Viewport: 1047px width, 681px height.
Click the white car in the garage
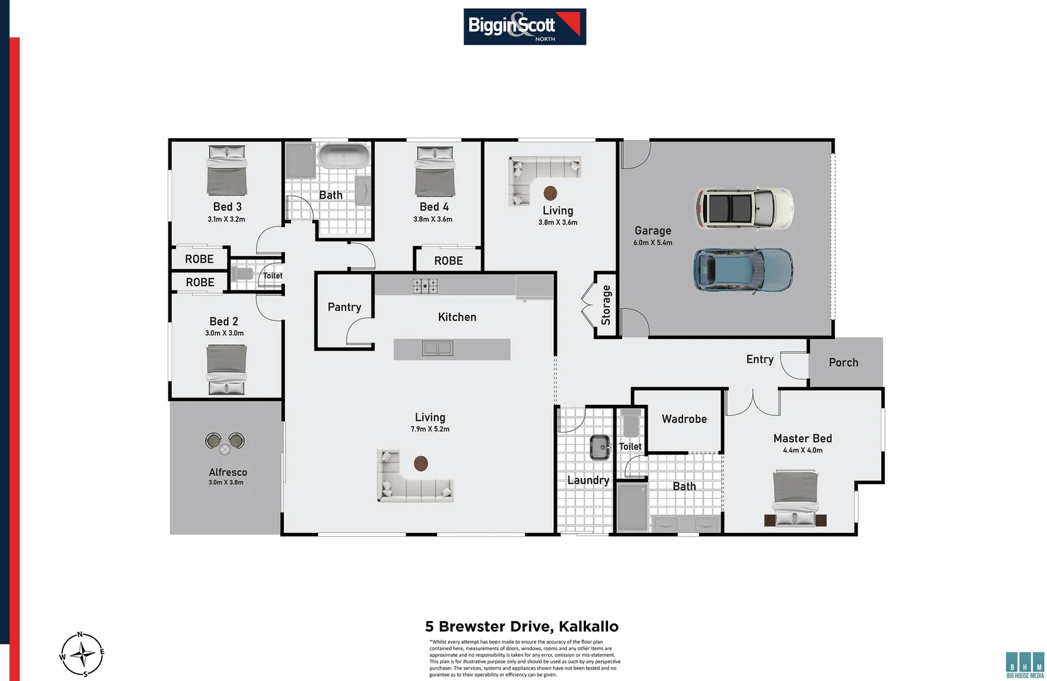[744, 207]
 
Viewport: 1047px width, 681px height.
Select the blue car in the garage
[743, 269]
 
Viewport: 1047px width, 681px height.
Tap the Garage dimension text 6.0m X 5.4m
[653, 243]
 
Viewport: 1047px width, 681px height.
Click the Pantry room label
[344, 307]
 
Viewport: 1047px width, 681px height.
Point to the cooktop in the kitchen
[425, 286]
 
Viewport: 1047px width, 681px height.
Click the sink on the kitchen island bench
[437, 348]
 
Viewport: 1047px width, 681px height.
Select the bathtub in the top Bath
[344, 156]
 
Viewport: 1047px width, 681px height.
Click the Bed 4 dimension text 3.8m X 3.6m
[433, 219]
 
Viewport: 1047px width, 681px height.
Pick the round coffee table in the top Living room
[550, 192]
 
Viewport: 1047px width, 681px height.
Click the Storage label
[606, 305]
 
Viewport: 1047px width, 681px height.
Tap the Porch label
[843, 363]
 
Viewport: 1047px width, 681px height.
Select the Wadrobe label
[684, 419]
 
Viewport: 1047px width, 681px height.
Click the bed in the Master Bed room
[795, 498]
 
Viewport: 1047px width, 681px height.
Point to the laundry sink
[600, 447]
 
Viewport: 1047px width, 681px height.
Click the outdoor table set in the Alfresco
[225, 443]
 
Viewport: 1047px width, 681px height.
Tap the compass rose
[82, 655]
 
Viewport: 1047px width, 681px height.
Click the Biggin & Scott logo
[524, 26]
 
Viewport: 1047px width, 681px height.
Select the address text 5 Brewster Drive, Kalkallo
[522, 626]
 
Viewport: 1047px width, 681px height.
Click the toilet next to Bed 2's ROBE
[242, 274]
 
